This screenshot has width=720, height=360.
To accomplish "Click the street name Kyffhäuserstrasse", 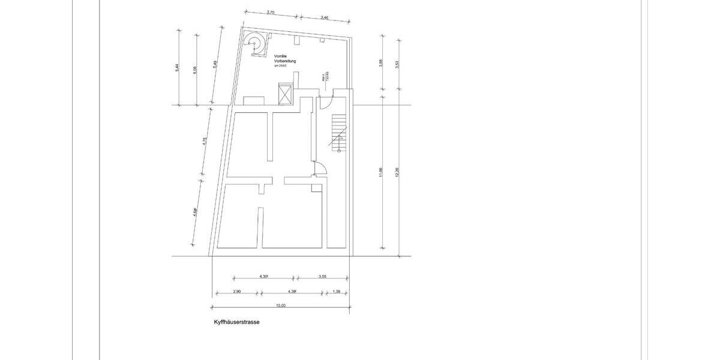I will pos(236,322).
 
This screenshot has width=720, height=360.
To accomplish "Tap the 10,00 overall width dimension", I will pos(281,305).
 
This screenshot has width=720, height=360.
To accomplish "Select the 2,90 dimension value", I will pos(236,292).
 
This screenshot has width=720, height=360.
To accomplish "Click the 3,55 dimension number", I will pos(322,277).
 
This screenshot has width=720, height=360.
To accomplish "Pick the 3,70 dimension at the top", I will pos(270,13).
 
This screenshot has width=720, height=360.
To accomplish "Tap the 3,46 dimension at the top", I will pos(325,17).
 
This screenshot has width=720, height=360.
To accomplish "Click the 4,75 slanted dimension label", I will pos(205,142).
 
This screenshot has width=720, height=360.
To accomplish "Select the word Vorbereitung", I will pos(281,61).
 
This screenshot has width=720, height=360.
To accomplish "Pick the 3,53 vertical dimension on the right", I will pos(397,65).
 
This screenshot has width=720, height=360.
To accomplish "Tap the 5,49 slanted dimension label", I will pos(215,67).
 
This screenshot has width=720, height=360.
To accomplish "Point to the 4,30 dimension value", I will pos(263,277).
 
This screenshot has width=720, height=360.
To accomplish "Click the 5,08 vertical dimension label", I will pos(195,70).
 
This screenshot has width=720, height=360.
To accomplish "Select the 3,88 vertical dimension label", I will pos(380,64).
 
